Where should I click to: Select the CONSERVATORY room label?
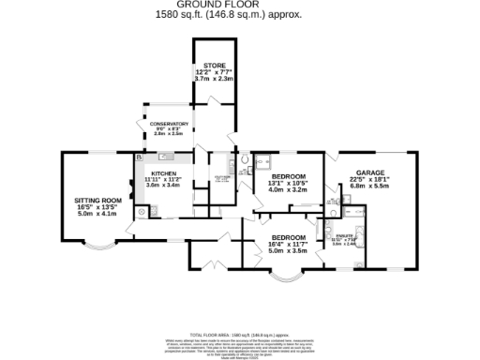[x=170, y=124]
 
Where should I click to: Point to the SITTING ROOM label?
[x=98, y=201]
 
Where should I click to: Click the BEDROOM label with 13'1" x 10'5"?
[x=289, y=175]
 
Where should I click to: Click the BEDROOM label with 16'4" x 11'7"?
[x=288, y=237]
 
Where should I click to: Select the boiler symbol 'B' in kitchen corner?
[x=138, y=157]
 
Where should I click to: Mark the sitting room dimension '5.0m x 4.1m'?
[x=98, y=215]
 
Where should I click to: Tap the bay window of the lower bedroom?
[x=285, y=277]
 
